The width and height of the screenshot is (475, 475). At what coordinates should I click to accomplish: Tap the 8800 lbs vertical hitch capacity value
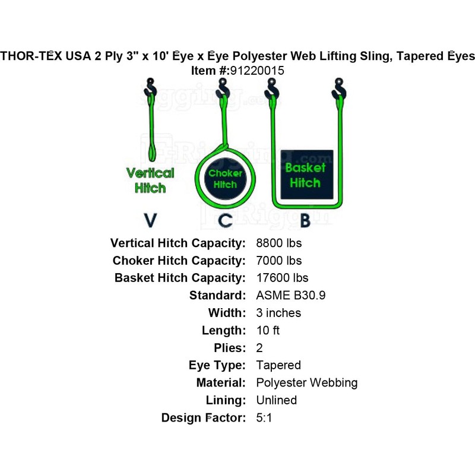click(x=278, y=243)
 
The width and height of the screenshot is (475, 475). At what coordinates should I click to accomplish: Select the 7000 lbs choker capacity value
click(x=278, y=261)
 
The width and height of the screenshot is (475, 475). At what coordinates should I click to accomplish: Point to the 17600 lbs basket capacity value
click(x=282, y=278)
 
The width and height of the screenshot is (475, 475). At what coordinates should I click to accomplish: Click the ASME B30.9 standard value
click(x=291, y=296)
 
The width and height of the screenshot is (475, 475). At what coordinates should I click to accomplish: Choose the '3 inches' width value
click(x=278, y=313)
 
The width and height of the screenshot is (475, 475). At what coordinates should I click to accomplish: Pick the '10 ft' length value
click(x=268, y=331)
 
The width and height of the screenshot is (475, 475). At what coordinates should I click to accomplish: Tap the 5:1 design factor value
click(x=264, y=418)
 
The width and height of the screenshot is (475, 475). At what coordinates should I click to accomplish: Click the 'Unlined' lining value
click(x=276, y=400)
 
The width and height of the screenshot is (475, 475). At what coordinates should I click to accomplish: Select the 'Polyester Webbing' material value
click(x=306, y=383)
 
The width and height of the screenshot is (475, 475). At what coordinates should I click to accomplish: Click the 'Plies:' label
click(x=228, y=348)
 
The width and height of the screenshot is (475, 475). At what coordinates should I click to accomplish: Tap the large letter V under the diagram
click(x=151, y=220)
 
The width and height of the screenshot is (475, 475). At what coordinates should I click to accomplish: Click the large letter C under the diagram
click(x=225, y=220)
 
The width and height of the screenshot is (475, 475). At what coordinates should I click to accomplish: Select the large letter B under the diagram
click(x=304, y=220)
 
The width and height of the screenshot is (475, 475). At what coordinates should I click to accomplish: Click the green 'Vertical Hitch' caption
click(x=150, y=180)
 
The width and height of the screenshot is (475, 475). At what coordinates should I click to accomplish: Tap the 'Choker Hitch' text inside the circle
click(x=225, y=179)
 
